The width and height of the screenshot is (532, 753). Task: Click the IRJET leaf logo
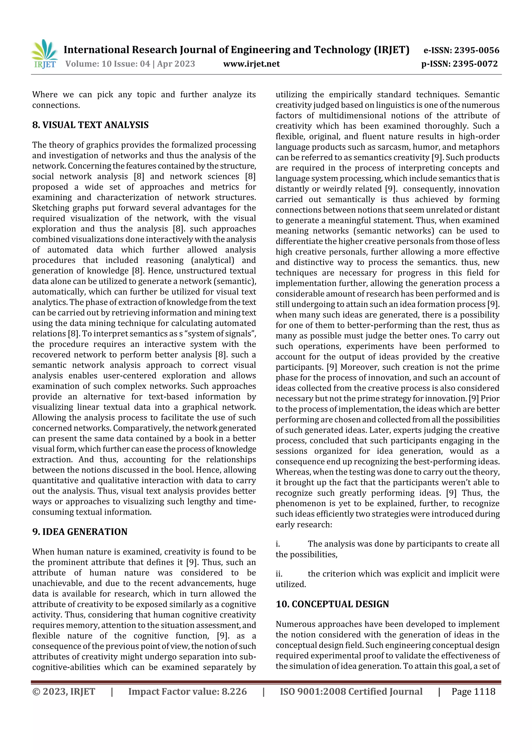(x=45, y=54)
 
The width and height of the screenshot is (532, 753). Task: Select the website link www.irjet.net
(x=251, y=64)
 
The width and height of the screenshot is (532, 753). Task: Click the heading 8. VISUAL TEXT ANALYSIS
(x=90, y=125)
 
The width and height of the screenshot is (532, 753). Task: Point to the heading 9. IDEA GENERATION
(x=80, y=532)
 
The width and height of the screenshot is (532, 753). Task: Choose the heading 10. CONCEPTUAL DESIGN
(x=332, y=604)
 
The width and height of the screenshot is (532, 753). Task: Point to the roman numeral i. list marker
(x=278, y=544)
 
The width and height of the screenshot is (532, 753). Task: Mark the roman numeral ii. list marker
(x=279, y=574)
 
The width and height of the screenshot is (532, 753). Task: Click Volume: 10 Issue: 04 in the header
(x=108, y=64)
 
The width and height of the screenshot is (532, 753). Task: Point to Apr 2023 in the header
(x=176, y=64)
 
